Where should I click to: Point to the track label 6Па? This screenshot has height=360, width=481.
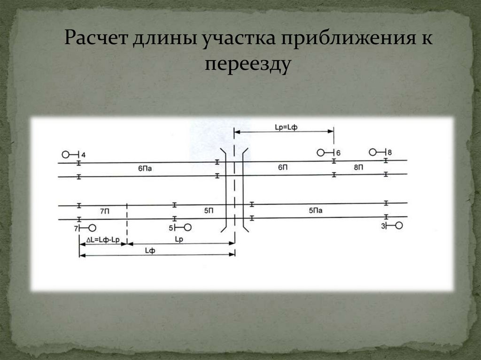point(145,168)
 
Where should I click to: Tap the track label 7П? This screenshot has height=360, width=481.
point(104,212)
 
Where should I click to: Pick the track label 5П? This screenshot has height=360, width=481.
point(209,211)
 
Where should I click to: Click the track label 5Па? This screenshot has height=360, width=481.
point(316,211)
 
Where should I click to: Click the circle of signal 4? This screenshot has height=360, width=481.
point(65,154)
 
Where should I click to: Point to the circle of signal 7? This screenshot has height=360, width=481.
point(92,228)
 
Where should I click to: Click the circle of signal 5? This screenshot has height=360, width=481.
point(187,228)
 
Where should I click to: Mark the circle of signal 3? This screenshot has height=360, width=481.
point(399,226)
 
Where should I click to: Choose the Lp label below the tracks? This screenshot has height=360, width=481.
point(179,239)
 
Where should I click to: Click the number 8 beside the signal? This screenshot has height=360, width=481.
point(390,152)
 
